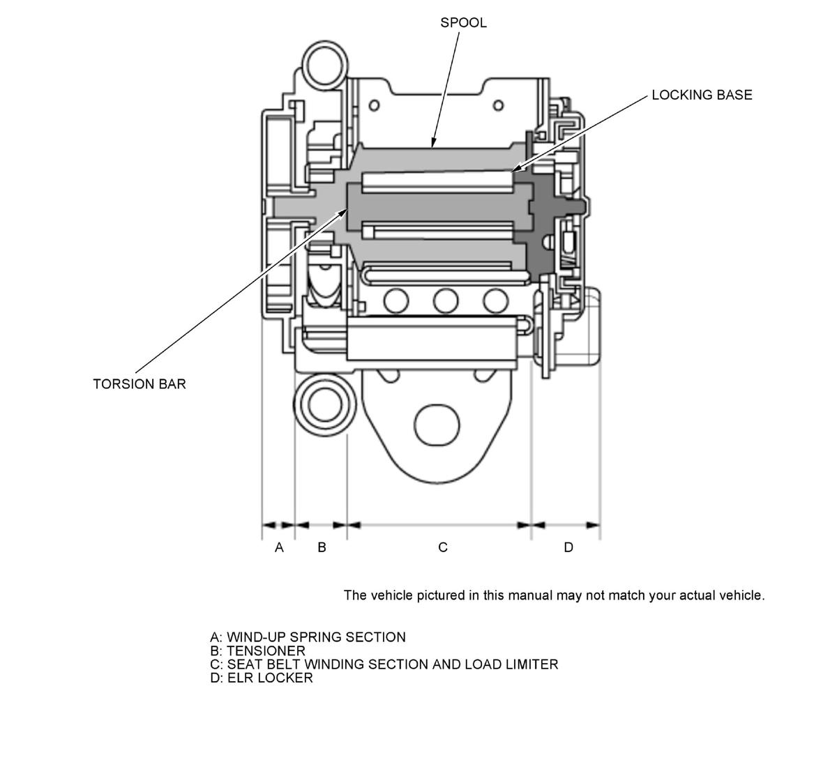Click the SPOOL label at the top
pos(463,22)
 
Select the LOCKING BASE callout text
pos(702,95)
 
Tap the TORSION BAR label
pos(139,384)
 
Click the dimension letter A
pos(279,547)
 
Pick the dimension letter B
pos(322,547)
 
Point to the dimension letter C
pos(443,547)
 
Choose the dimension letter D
pos(568,547)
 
